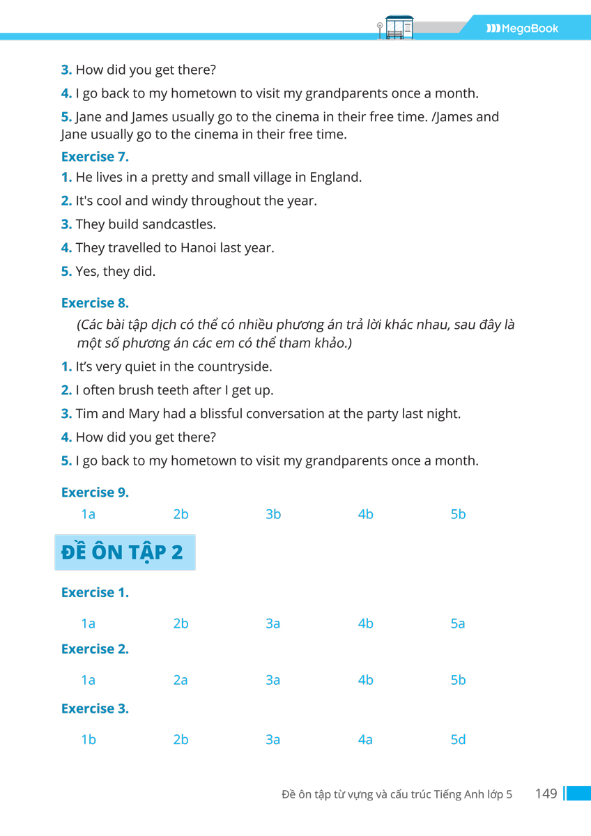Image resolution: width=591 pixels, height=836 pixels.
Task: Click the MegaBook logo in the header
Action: (x=523, y=29)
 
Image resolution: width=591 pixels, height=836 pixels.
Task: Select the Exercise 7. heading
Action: (x=95, y=156)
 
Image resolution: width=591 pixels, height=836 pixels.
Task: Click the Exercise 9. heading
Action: (x=95, y=493)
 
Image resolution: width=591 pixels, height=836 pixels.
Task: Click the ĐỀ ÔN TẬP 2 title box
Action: (x=125, y=552)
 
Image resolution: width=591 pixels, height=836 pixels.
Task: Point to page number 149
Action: (x=546, y=794)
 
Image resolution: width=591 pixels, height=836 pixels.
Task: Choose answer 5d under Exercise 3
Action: (x=458, y=740)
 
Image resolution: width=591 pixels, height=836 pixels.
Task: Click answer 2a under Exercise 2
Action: (x=181, y=680)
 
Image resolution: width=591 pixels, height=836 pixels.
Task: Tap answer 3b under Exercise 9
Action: (x=273, y=515)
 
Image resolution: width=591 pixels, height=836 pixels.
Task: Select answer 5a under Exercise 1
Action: (x=458, y=624)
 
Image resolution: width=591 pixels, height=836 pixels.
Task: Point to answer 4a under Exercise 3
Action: (x=365, y=740)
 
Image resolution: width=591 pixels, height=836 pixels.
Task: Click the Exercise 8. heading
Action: (x=95, y=303)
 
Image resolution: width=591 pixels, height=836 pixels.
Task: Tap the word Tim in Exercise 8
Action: (x=87, y=414)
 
